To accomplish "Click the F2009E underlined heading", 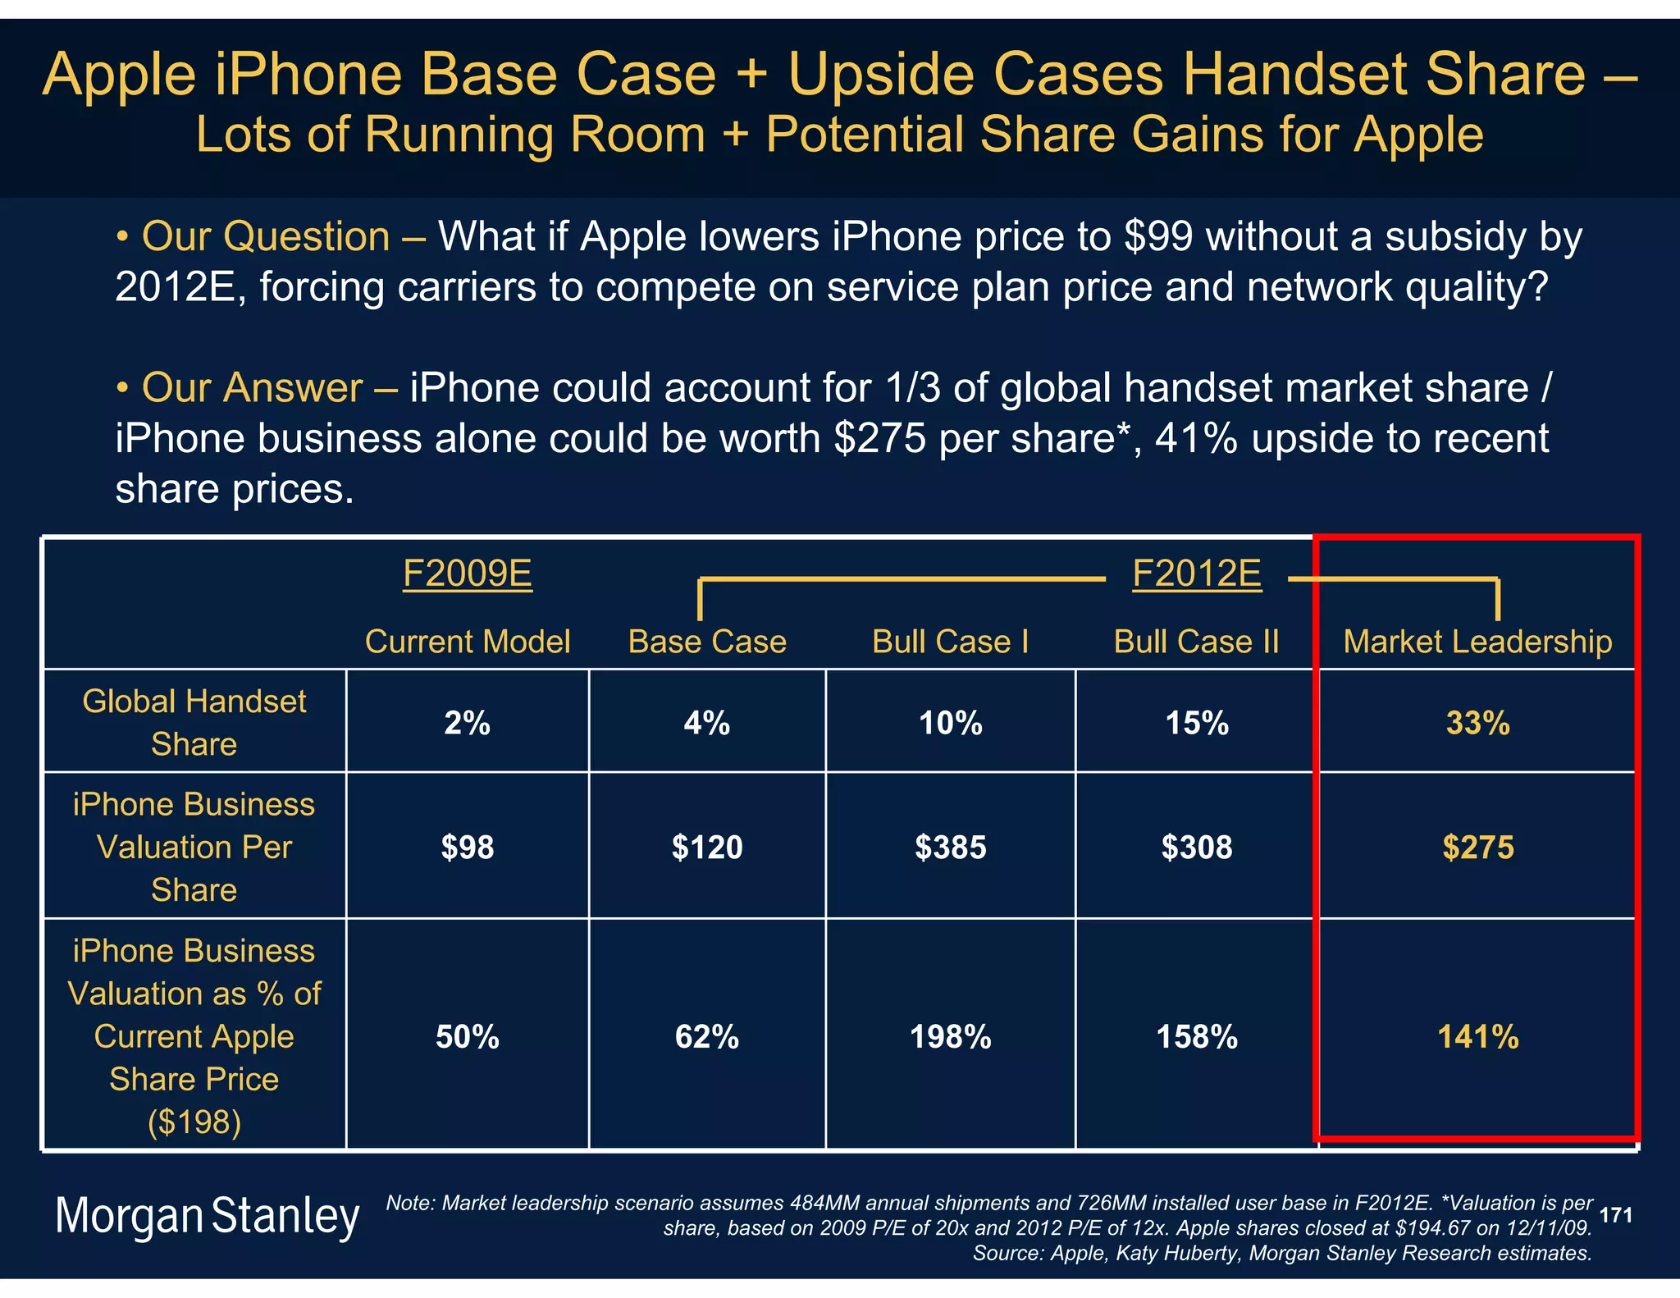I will point(467,574).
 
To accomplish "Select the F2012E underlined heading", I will point(1196,574).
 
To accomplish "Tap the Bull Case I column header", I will point(950,642).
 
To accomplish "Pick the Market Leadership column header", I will point(1477,642).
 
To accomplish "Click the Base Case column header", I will point(706,642).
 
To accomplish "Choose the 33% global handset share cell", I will point(1477,724).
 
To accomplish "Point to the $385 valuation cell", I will point(950,848).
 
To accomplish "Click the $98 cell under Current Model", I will point(467,848).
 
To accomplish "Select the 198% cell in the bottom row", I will point(950,1038).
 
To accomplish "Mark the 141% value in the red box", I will point(1477,1038).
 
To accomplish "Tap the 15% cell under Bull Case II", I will point(1196,724).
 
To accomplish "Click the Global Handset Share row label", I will point(194,723).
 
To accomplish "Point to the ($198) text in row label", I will point(194,1122).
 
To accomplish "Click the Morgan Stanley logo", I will point(207,1216).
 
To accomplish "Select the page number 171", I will point(1615,1215).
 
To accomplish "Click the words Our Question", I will point(265,237).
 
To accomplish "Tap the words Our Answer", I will point(251,388).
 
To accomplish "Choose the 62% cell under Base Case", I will point(706,1038).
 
